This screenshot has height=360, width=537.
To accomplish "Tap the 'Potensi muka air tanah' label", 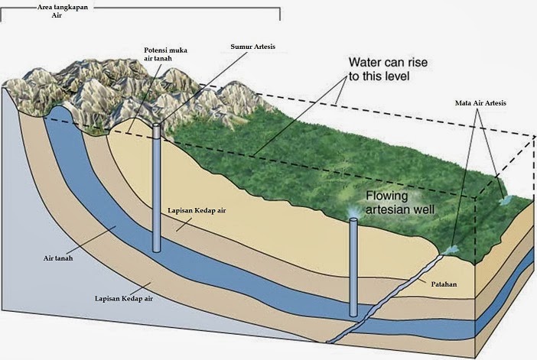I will click(x=165, y=55).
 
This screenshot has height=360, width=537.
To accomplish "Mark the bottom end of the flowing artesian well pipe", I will click(x=353, y=313).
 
